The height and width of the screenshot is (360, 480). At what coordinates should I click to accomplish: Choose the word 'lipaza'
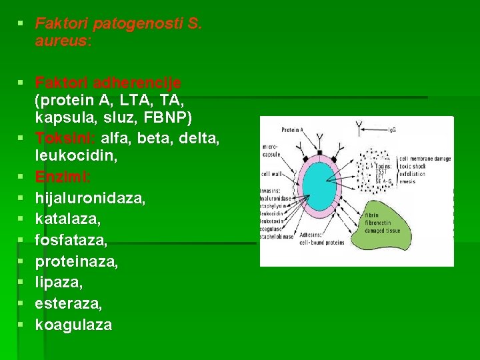pos(59,283)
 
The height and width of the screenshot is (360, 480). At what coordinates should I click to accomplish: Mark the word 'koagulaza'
pos(73,325)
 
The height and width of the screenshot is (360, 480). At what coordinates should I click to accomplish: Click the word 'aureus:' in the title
pos(63,41)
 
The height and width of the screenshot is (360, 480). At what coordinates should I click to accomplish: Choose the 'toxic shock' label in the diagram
pos(414,165)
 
